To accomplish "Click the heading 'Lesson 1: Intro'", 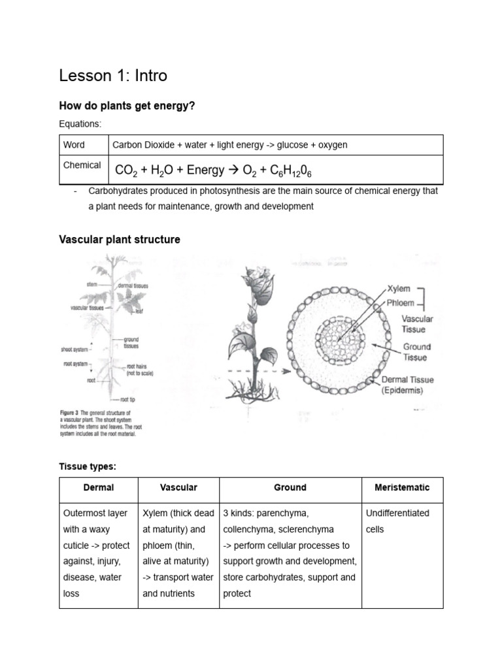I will point(113,76).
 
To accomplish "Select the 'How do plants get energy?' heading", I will point(127,105).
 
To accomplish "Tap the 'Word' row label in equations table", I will point(74,145).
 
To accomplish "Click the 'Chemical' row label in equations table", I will point(82,165).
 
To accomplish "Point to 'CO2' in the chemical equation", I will point(125,171).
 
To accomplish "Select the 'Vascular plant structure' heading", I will point(120,240).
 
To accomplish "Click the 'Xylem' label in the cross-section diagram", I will point(399,287).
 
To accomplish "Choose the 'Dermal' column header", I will point(99,487).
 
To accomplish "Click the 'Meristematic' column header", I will point(402,487).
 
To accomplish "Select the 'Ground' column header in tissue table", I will point(290,487).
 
